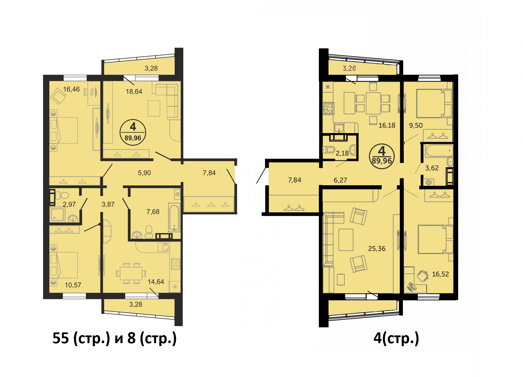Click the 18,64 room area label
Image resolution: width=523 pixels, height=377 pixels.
click(x=134, y=91)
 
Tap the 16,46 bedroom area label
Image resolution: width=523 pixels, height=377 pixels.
click(x=71, y=89)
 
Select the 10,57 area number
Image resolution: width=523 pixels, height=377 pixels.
click(x=73, y=285)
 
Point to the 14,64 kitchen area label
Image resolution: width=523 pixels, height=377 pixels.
click(x=156, y=281)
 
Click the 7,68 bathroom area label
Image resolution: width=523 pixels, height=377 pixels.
click(x=153, y=212)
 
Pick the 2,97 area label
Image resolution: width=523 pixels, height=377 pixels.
click(x=69, y=204)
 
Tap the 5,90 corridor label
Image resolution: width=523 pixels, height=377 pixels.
click(x=144, y=173)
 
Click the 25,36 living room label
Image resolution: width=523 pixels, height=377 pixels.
click(x=377, y=248)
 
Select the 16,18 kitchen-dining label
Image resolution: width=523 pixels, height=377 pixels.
click(x=387, y=125)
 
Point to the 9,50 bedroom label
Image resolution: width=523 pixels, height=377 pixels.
click(x=416, y=125)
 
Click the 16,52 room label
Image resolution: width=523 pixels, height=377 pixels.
click(x=440, y=274)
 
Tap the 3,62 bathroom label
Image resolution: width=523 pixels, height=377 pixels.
click(x=432, y=168)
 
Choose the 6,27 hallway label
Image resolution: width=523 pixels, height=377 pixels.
click(x=340, y=180)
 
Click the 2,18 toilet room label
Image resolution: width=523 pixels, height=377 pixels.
click(x=342, y=153)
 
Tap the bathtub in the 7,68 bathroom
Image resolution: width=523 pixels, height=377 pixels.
click(x=174, y=217)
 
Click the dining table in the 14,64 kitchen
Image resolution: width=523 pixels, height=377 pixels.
click(x=131, y=273)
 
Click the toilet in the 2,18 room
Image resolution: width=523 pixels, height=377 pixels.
click(x=329, y=149)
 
